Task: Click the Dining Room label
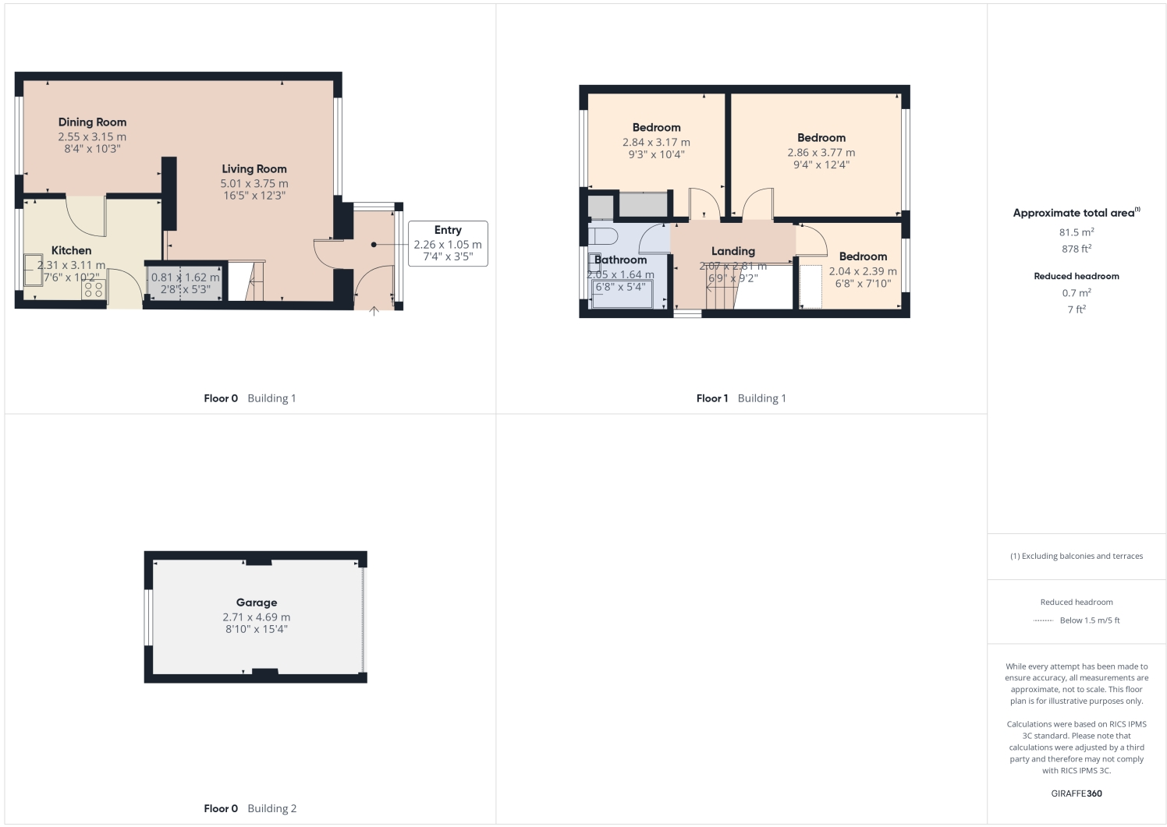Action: click(x=92, y=122)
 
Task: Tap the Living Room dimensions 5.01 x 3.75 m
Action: click(x=254, y=184)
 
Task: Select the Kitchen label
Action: click(x=71, y=250)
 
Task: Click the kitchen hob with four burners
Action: click(x=94, y=290)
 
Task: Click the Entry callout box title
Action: click(x=448, y=230)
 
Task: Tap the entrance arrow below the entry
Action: click(x=374, y=311)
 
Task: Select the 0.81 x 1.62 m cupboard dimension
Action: click(x=185, y=277)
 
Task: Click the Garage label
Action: click(x=256, y=603)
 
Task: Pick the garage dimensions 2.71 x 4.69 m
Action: click(x=256, y=617)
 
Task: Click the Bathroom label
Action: click(x=620, y=260)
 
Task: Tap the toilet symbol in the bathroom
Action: click(x=602, y=235)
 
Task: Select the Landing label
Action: click(x=732, y=251)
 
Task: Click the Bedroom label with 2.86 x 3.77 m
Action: click(x=821, y=138)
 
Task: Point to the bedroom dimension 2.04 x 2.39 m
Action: click(x=862, y=271)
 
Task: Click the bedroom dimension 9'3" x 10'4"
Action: click(x=656, y=155)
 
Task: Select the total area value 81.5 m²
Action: click(x=1076, y=232)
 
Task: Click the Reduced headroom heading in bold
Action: click(x=1076, y=276)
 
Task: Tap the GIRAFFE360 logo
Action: click(x=1076, y=793)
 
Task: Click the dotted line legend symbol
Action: click(x=1043, y=620)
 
